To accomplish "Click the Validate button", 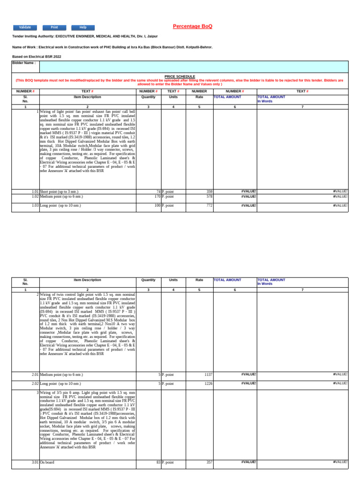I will click(x=25, y=28).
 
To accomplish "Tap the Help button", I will click(x=83, y=28).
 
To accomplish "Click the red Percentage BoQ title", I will click(x=193, y=26).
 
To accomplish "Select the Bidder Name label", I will click(x=23, y=62).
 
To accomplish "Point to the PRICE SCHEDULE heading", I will click(x=180, y=76).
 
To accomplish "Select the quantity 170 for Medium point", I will click(x=157, y=197).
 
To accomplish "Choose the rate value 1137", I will click(x=208, y=375).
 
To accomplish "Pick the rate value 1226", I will click(x=208, y=383).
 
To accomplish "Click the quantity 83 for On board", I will click(x=158, y=462).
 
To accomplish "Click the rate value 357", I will click(x=209, y=462).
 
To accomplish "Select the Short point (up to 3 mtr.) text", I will click(x=58, y=192).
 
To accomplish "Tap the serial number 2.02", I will click(x=35, y=383).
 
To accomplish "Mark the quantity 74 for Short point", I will click(x=158, y=192).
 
